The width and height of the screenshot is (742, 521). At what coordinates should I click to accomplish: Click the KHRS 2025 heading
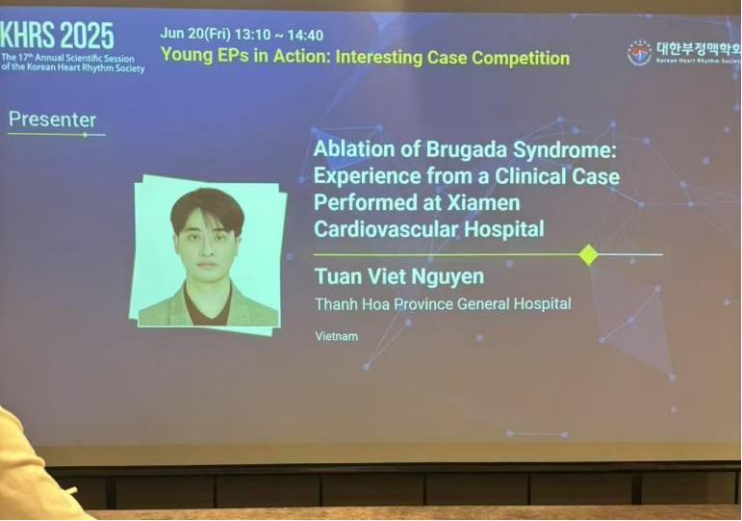(57, 36)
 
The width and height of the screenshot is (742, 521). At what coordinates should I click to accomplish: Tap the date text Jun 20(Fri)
(195, 34)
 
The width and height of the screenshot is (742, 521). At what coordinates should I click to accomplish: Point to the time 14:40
(305, 35)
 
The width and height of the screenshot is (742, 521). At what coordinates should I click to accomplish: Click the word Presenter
(53, 119)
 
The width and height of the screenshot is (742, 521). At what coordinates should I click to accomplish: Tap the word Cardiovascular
(386, 230)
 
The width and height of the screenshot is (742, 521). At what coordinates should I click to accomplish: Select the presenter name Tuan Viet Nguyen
(399, 276)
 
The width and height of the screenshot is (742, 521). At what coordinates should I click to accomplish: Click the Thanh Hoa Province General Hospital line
(443, 303)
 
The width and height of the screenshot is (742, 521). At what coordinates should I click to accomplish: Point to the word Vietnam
(337, 336)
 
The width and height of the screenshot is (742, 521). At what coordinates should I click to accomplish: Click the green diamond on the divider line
(588, 255)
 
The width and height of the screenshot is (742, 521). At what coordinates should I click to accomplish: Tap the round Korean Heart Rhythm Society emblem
(639, 53)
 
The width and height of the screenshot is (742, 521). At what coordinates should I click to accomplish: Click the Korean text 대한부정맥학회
(699, 49)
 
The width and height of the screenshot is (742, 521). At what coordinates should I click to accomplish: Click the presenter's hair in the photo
(207, 208)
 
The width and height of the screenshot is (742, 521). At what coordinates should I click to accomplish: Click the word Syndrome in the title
(565, 150)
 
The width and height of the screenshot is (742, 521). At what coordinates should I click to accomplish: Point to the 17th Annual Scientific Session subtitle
(72, 63)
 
